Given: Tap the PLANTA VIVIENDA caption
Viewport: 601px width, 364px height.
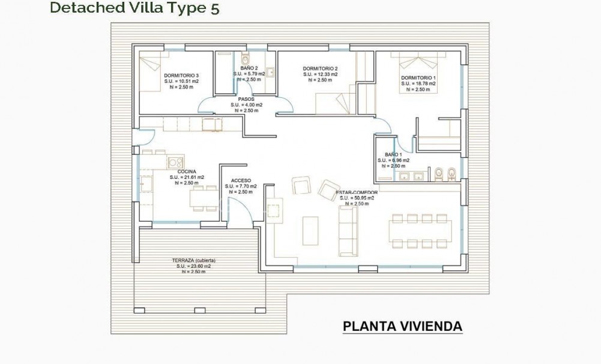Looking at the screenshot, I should pyautogui.click(x=402, y=326).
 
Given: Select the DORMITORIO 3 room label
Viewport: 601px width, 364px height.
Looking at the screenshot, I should pyautogui.click(x=181, y=75).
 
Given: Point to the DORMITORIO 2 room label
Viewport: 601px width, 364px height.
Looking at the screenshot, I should pyautogui.click(x=320, y=68).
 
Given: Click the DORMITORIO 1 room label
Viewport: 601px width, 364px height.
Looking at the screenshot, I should pyautogui.click(x=418, y=79).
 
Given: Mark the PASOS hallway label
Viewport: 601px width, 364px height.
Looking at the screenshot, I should pyautogui.click(x=245, y=99).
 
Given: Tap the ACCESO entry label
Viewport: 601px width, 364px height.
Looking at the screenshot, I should pyautogui.click(x=241, y=180).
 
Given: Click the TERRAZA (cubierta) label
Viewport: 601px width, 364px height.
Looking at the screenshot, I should pyautogui.click(x=193, y=261).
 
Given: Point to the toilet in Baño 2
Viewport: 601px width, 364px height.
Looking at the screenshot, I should pyautogui.click(x=245, y=61).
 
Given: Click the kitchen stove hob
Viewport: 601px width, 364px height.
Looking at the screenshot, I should pyautogui.click(x=175, y=162).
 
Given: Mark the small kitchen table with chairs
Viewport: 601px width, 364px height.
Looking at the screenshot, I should pyautogui.click(x=204, y=198).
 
